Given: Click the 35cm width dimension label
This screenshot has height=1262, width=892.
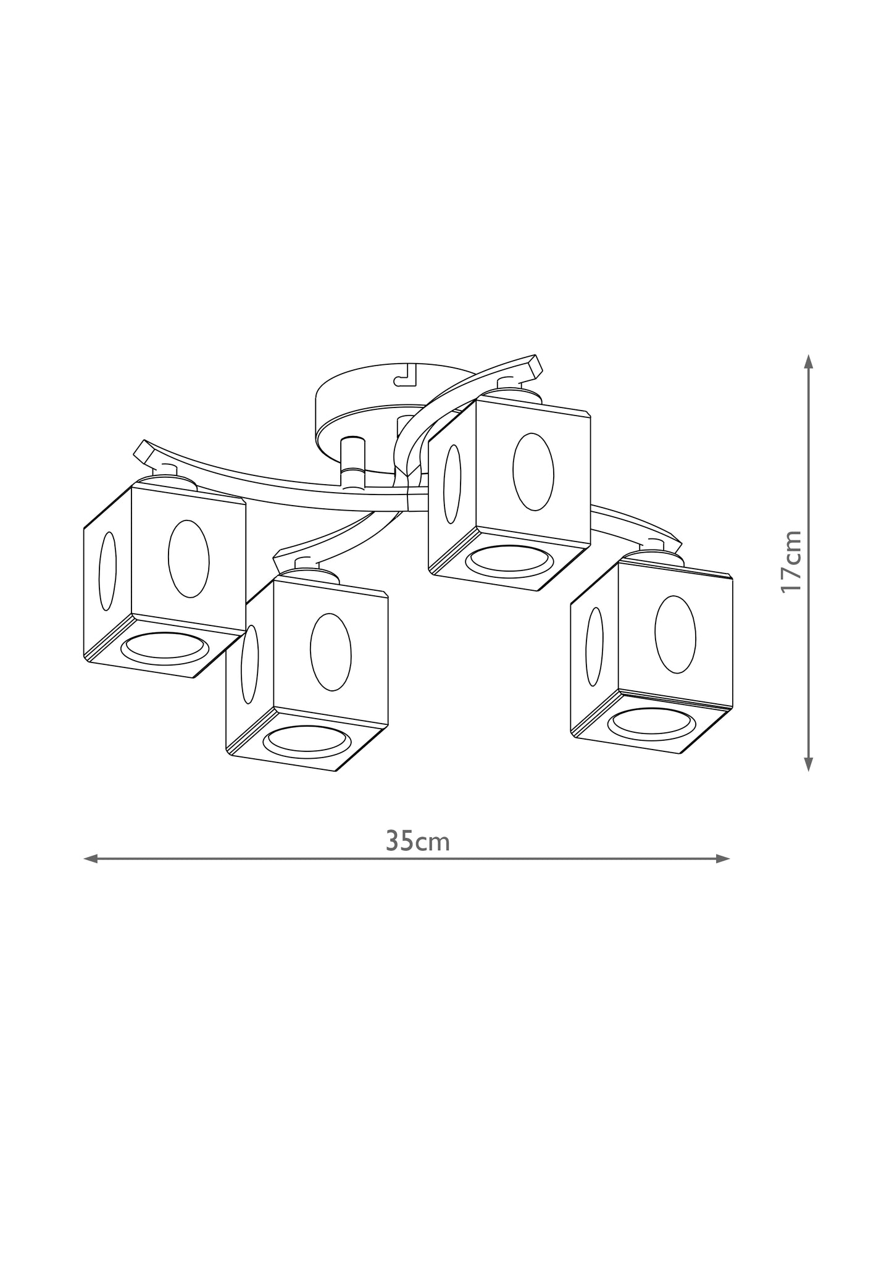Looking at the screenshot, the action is [x=418, y=841].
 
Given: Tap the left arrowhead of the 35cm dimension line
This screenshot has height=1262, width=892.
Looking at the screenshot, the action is [x=90, y=858].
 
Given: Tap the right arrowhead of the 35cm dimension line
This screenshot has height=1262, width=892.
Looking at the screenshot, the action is [x=723, y=858].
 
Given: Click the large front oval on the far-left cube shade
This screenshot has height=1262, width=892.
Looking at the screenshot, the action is [x=189, y=559].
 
